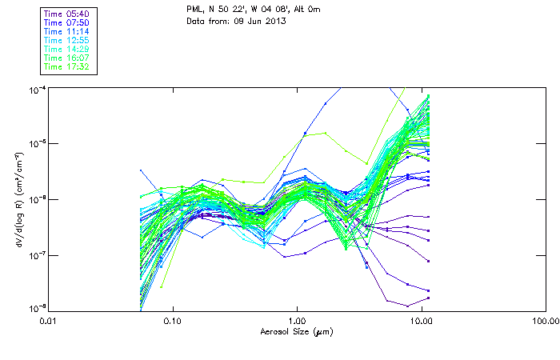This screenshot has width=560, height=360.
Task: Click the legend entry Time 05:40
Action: point(66,14)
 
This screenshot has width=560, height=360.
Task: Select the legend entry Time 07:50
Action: point(66,22)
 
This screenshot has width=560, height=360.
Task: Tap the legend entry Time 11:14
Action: point(66,31)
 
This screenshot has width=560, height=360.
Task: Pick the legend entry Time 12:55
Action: point(66,40)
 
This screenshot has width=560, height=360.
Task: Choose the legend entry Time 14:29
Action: point(66,49)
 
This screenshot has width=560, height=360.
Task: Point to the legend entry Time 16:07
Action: point(66,58)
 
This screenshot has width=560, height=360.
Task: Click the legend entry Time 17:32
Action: point(66,66)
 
